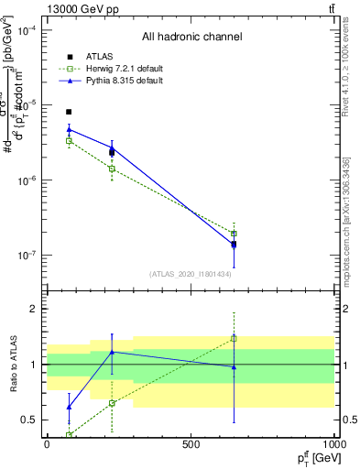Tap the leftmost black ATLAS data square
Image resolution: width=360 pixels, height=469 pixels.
click(x=69, y=112)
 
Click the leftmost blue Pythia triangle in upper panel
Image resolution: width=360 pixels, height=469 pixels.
click(x=69, y=129)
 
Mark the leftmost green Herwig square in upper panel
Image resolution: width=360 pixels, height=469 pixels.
click(x=69, y=141)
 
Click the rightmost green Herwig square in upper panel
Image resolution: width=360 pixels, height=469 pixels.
click(x=234, y=234)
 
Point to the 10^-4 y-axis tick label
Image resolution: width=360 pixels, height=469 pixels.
click(x=27, y=30)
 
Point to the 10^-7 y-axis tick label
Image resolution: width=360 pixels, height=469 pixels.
click(x=27, y=256)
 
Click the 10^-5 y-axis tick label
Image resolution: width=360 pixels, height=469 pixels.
click(x=27, y=105)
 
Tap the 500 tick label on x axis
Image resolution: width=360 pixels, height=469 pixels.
click(x=191, y=444)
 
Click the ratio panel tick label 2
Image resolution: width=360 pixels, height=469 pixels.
click(x=34, y=309)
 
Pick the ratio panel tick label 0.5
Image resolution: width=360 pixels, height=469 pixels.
click(x=30, y=420)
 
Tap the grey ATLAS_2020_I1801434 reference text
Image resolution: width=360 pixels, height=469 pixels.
click(x=190, y=274)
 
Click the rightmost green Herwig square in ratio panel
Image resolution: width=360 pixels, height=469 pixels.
click(x=234, y=338)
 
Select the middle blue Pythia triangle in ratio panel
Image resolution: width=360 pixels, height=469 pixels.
click(x=112, y=352)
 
